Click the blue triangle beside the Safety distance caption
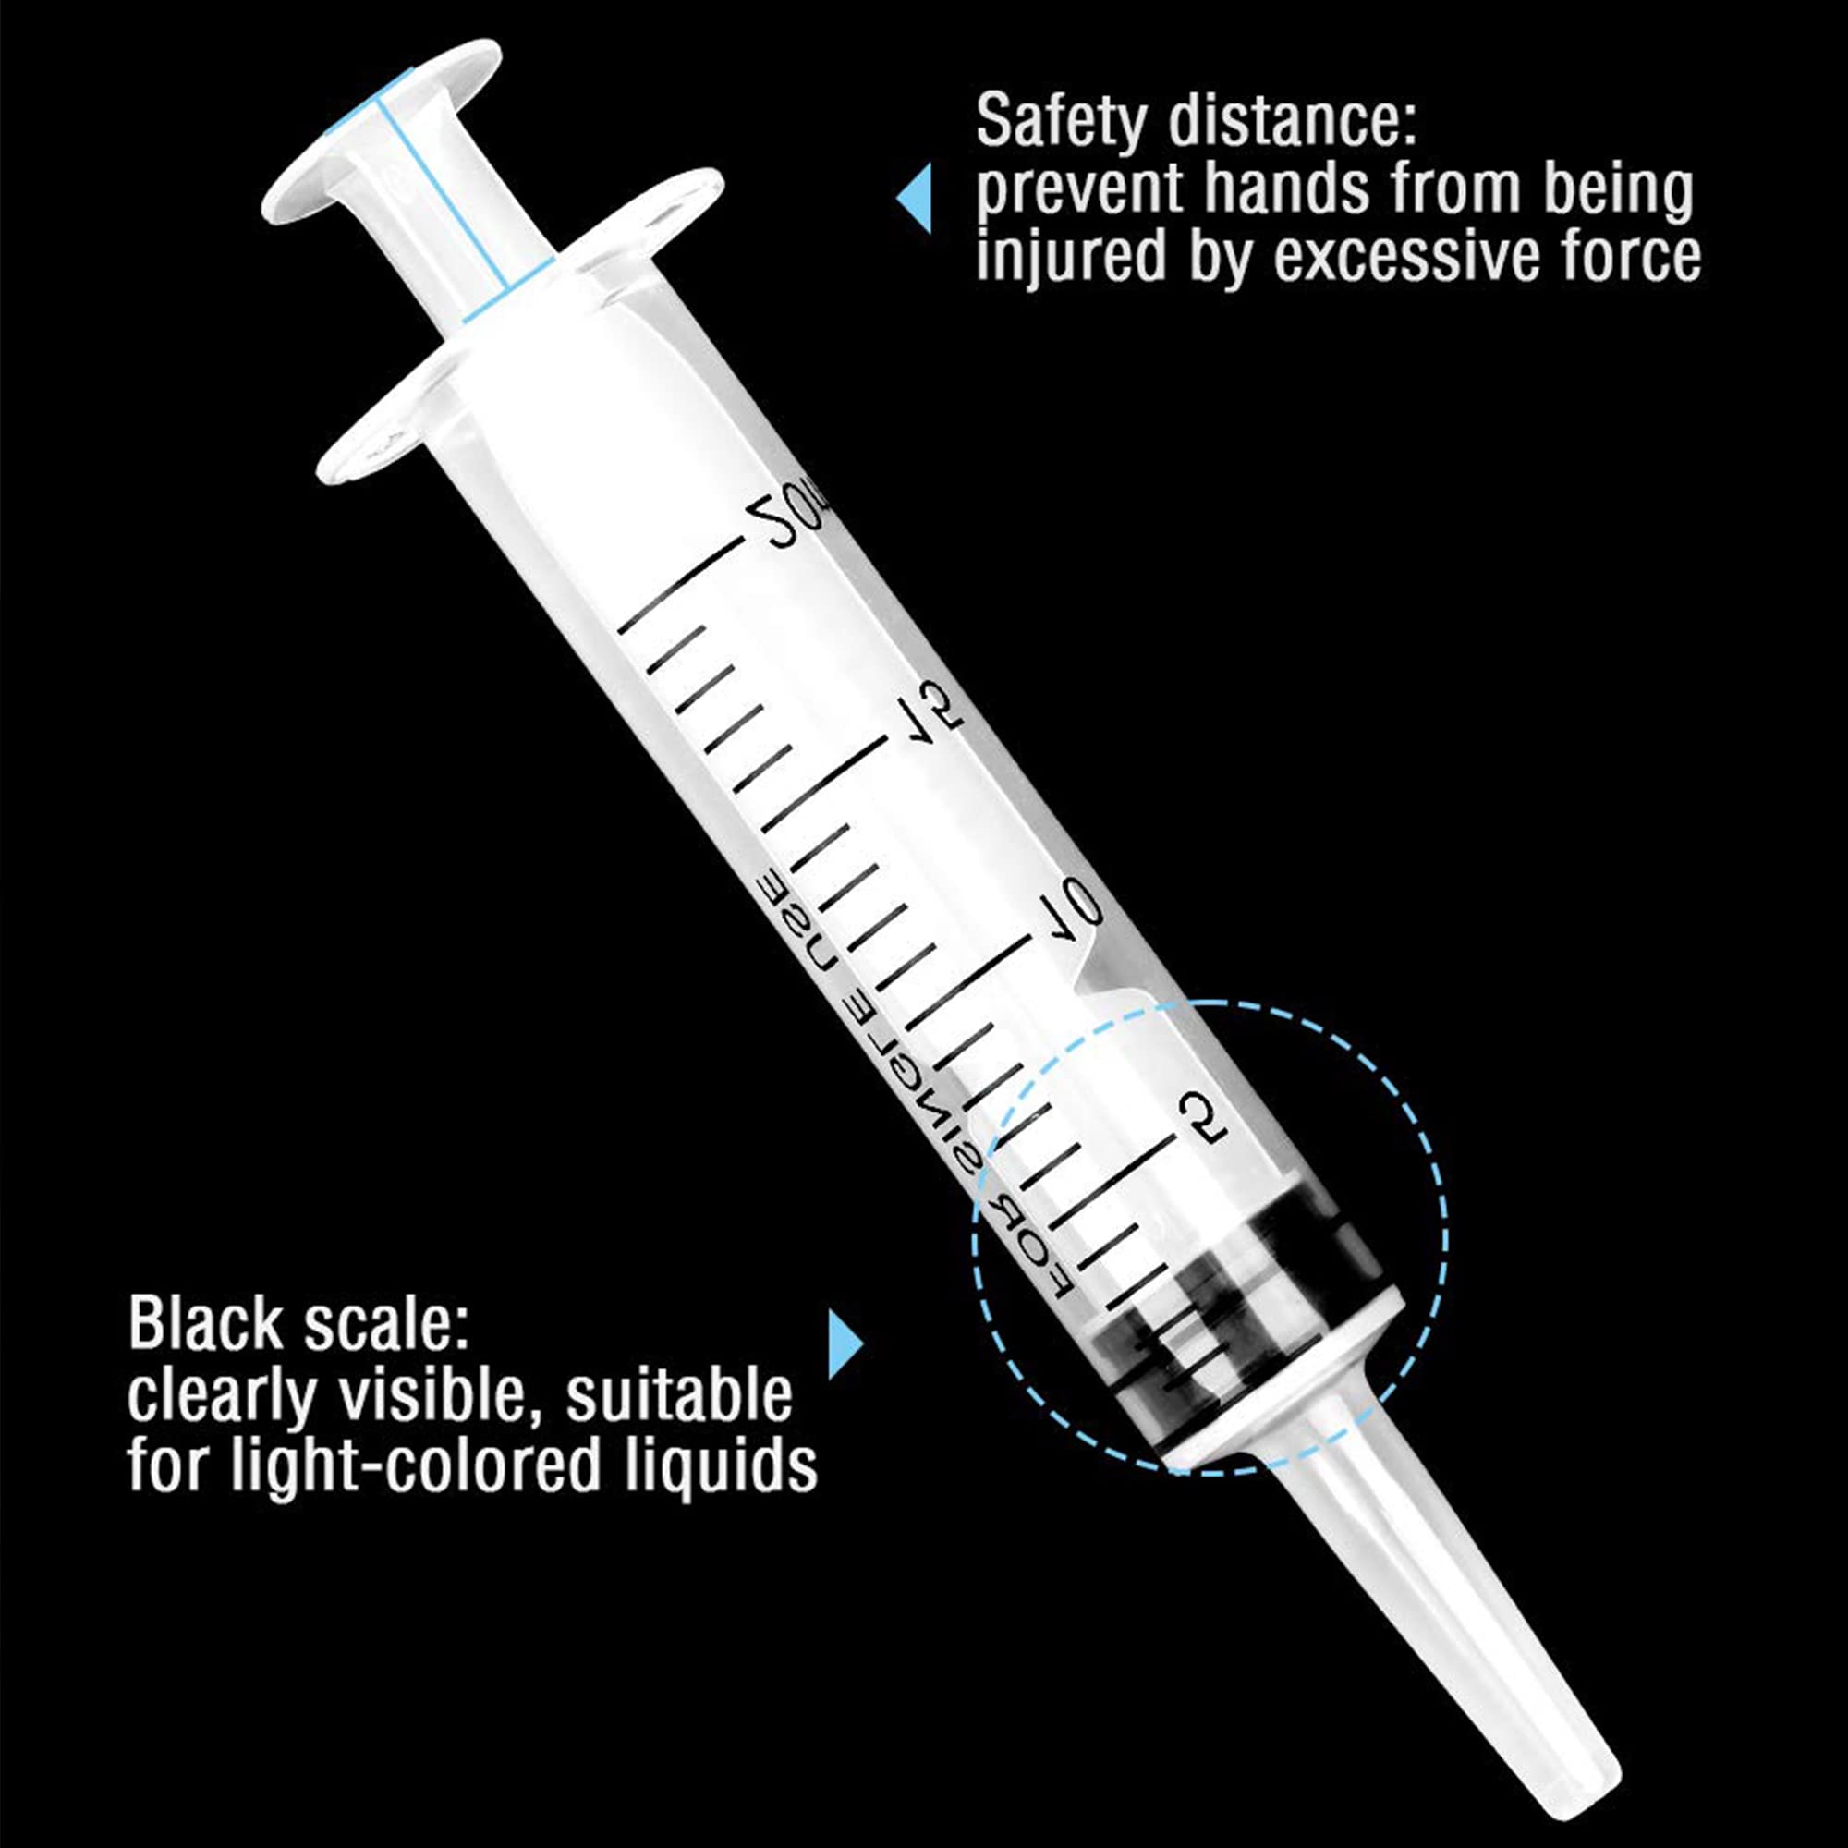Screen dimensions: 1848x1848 point(916,198)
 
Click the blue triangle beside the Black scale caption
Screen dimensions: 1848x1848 point(845,1343)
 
